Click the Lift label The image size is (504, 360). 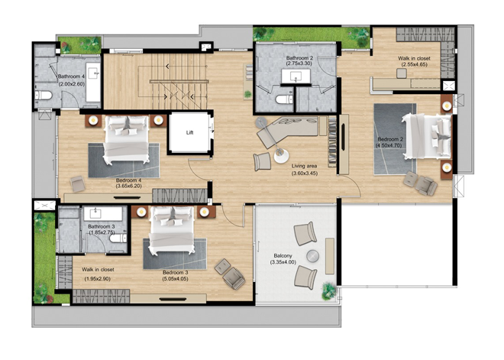coord(189,132)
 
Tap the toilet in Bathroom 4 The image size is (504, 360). coord(44,96)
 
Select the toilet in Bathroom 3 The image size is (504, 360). coord(118,238)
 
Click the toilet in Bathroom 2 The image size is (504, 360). coord(284,99)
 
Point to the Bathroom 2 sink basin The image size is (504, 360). coord(296,76)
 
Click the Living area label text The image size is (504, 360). coord(304,166)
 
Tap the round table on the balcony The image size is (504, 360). coord(313,256)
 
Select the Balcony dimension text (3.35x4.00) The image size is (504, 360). coord(283,262)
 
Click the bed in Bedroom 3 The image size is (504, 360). coord(172,229)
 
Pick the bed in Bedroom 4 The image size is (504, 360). coord(126,139)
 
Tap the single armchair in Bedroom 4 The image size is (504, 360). coord(77,183)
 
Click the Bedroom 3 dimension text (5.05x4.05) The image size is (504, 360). coord(175,279)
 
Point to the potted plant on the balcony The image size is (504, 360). coord(329,291)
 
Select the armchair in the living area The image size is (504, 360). coord(262,161)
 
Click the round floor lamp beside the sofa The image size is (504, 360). coord(281,156)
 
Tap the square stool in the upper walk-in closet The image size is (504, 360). coord(402,73)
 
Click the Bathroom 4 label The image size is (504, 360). coord(71,76)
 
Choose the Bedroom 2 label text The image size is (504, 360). coord(390,140)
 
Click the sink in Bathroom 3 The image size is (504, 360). coord(103,213)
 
